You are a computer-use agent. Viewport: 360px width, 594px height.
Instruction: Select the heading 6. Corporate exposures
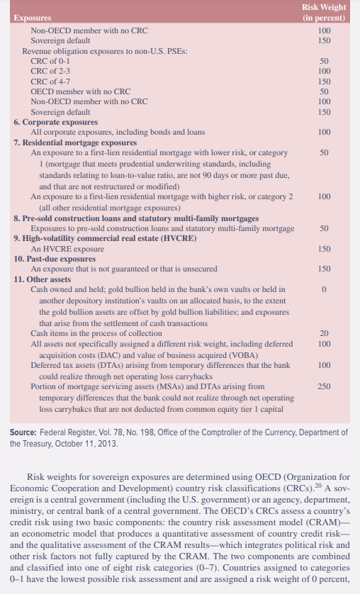pyautogui.click(x=55, y=122)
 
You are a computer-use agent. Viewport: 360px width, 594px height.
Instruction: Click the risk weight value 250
pyautogui.click(x=325, y=386)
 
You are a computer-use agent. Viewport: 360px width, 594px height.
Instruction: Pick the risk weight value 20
pyautogui.click(x=325, y=333)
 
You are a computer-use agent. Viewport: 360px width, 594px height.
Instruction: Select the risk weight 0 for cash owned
pyautogui.click(x=324, y=290)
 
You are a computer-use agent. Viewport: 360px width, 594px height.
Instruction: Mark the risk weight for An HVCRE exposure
pyautogui.click(x=325, y=250)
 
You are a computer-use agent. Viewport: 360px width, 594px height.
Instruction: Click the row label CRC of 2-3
pyautogui.click(x=50, y=72)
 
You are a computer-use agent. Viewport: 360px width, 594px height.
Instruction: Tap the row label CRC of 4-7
pyautogui.click(x=50, y=82)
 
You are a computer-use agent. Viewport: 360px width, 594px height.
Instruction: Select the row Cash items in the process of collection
pyautogui.click(x=96, y=333)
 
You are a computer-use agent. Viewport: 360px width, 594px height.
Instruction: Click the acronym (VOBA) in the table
pyautogui.click(x=171, y=354)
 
